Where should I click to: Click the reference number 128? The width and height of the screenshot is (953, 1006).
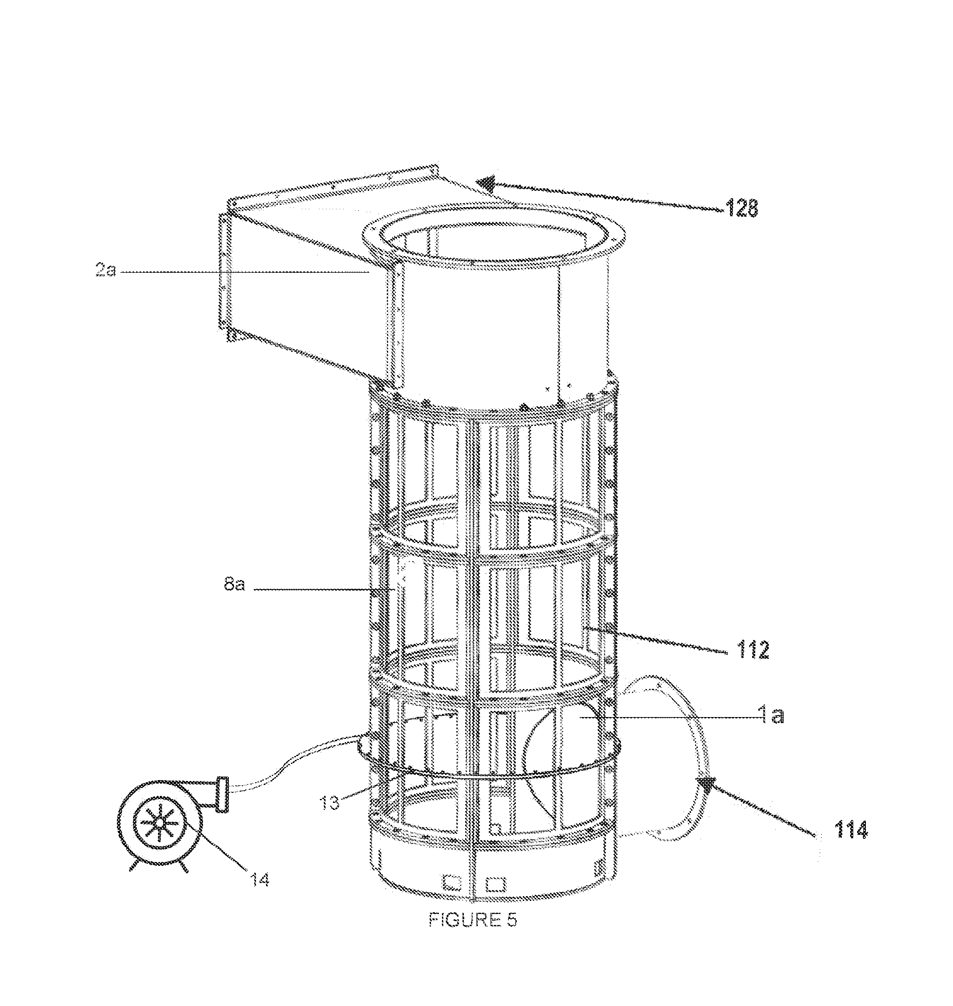pos(742,208)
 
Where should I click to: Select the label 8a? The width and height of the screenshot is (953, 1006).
pos(234,584)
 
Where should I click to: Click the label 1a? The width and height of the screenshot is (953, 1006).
pos(772,715)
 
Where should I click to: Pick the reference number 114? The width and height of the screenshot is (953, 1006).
pos(851,830)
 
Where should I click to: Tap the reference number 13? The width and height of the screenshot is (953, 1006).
pos(329,804)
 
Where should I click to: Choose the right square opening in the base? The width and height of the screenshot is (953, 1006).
pos(495,883)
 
